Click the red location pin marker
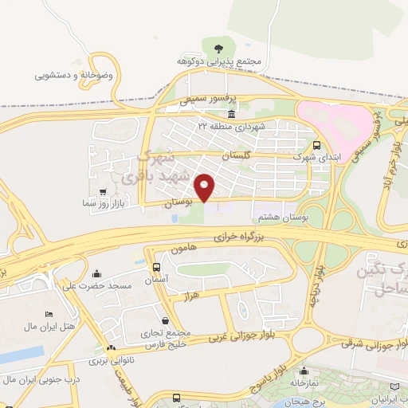click(x=205, y=186)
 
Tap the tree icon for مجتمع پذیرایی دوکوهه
click(x=218, y=47)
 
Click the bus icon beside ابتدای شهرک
click(x=317, y=146)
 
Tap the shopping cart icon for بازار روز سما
click(x=104, y=191)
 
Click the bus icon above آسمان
click(x=155, y=266)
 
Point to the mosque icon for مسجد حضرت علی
click(x=97, y=273)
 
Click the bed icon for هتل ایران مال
click(x=49, y=315)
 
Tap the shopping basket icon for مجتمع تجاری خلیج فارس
click(x=165, y=320)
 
